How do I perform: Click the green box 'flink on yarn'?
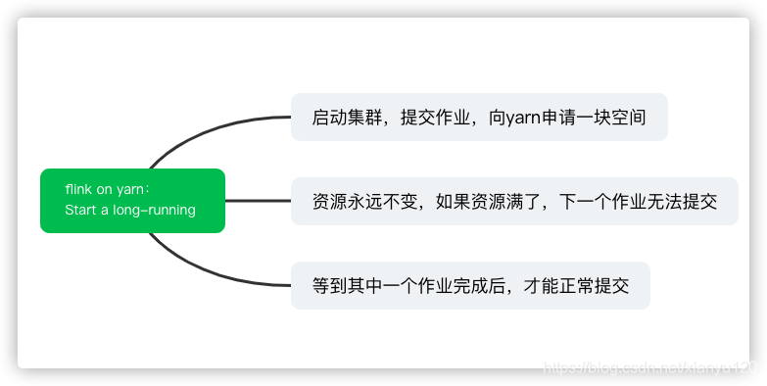click(132, 200)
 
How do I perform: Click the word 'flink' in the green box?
click(79, 190)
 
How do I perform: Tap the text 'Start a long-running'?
click(130, 210)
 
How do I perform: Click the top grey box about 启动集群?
click(479, 118)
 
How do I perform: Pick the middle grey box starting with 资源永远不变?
click(514, 202)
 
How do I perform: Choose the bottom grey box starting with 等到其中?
click(470, 286)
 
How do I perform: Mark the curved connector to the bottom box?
click(196, 267)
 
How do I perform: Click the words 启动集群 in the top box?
click(344, 118)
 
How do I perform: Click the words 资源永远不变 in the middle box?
click(360, 203)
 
